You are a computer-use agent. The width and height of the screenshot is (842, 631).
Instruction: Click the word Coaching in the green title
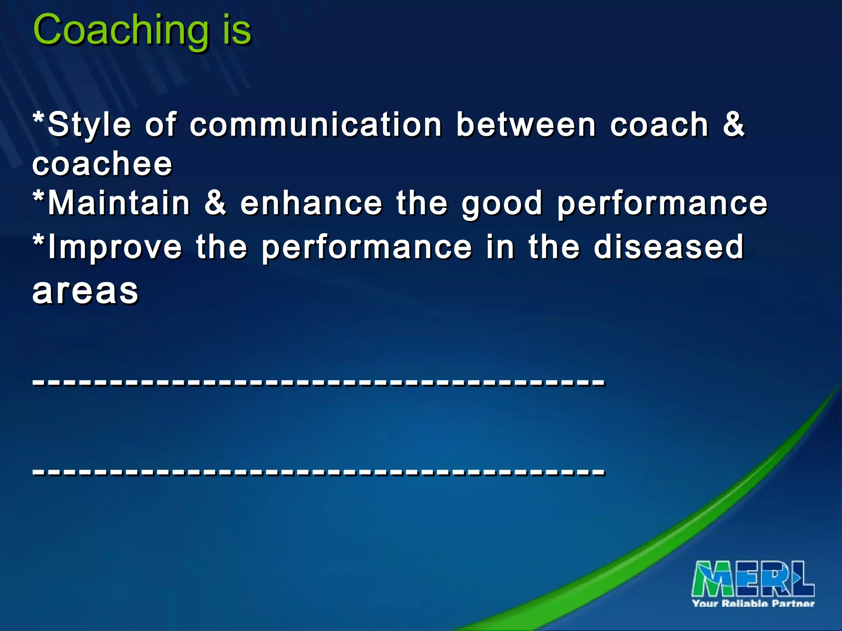click(x=121, y=30)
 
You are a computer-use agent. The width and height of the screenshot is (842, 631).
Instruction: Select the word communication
click(x=316, y=125)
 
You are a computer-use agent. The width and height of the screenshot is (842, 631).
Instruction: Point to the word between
click(x=526, y=125)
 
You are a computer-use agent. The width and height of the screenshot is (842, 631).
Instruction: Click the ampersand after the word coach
click(x=734, y=124)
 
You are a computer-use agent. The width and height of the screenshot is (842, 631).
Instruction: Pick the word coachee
click(x=102, y=164)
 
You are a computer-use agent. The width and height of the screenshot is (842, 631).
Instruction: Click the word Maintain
click(x=119, y=203)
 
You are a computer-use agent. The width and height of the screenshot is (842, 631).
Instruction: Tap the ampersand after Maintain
click(x=215, y=203)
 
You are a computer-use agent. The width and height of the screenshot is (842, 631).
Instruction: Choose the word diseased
click(x=669, y=247)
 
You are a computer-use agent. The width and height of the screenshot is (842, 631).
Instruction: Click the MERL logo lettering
click(x=753, y=579)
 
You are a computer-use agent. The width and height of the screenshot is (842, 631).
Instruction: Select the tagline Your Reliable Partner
click(x=753, y=603)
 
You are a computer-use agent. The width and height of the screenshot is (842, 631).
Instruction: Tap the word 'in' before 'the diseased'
click(x=500, y=247)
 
